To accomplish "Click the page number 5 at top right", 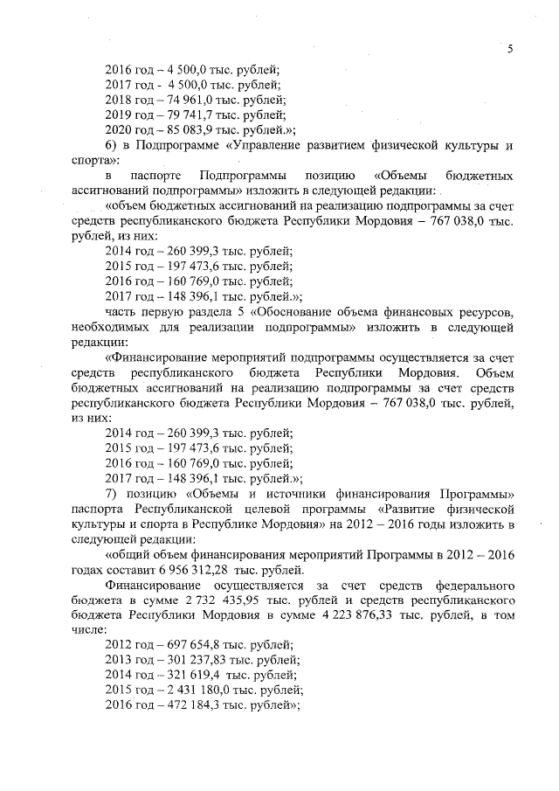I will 510,49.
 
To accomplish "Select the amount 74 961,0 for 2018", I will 178,100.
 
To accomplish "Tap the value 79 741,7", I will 178,114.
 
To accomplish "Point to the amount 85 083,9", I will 178,129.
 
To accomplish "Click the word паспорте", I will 160,175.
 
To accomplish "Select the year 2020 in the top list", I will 119,129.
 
